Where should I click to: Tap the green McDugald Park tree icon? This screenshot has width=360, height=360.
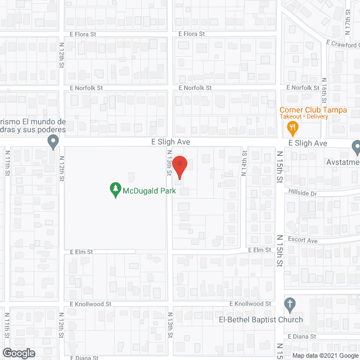[x=115, y=190]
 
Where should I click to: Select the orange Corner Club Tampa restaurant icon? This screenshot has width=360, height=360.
[x=292, y=128]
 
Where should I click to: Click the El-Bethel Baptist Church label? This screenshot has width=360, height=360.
[x=260, y=319]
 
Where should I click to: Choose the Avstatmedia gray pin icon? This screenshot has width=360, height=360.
[x=355, y=148]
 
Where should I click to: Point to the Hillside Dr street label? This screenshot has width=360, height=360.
[x=303, y=193]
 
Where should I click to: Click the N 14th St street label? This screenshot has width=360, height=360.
[x=245, y=163]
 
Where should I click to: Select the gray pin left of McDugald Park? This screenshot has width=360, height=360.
[x=53, y=141]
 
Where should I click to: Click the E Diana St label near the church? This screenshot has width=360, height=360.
[x=303, y=336]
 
